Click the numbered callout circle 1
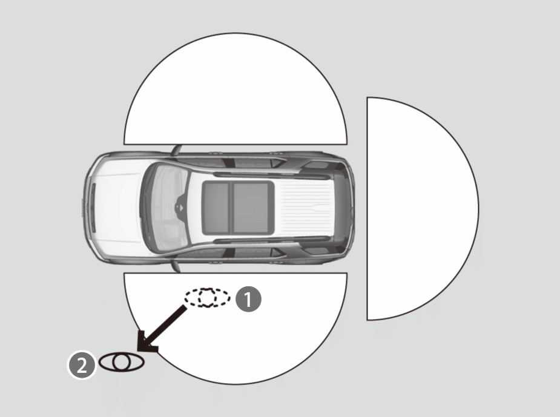click(249, 299)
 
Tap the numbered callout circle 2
click(82, 365)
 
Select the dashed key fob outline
click(207, 298)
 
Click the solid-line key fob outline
click(122, 363)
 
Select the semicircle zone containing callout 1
click(236, 321)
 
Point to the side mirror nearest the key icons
click(175, 266)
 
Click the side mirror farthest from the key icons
click(176, 150)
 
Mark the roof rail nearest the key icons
click(271, 240)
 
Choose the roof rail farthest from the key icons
click(271, 175)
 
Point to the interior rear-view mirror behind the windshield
click(180, 208)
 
